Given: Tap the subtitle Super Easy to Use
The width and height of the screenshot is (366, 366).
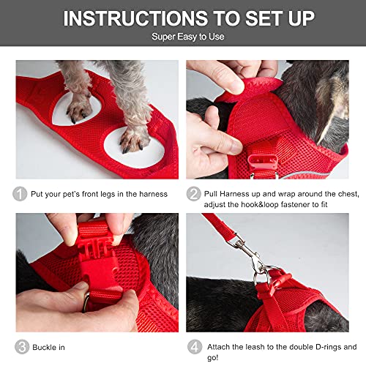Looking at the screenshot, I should (x=183, y=36).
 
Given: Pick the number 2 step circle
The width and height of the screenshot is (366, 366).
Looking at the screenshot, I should (x=195, y=194).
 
